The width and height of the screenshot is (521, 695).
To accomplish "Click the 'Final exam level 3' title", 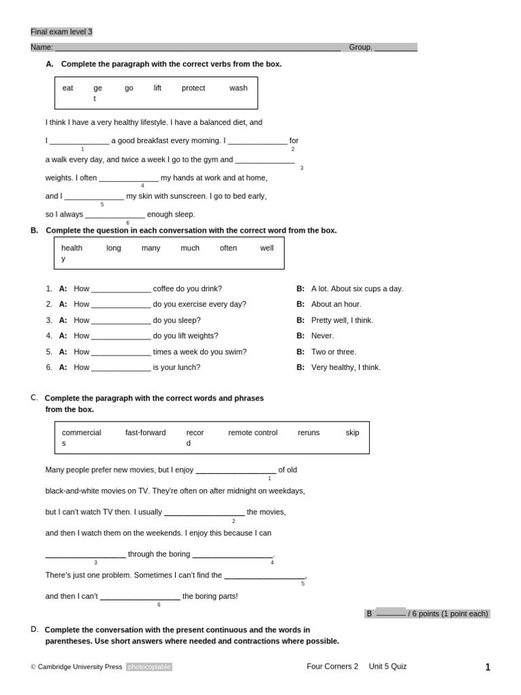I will [x=62, y=32].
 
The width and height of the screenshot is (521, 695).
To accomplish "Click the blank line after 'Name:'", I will [x=197, y=48].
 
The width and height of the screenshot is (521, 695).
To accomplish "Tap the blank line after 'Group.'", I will [x=395, y=48].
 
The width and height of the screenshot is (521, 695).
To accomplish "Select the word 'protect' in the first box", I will [x=193, y=88].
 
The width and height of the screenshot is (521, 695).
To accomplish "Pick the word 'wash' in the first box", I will [x=238, y=88].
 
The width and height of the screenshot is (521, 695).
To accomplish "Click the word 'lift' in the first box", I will [x=157, y=88].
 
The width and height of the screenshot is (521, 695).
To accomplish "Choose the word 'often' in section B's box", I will [x=229, y=248].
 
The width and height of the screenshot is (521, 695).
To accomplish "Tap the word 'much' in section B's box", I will [x=190, y=248].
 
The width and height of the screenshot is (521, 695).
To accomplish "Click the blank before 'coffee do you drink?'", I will [x=121, y=289].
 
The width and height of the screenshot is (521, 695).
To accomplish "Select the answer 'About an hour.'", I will [x=336, y=304].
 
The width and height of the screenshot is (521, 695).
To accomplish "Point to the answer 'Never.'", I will [x=322, y=336].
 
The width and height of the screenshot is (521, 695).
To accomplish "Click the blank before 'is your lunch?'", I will [x=121, y=368].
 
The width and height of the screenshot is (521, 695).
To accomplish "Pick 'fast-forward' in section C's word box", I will [x=145, y=433].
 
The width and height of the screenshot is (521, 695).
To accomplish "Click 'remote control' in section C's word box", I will [x=252, y=433].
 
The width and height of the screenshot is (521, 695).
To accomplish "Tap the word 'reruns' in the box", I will [x=309, y=433].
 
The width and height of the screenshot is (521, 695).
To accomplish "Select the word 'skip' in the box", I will [x=352, y=433].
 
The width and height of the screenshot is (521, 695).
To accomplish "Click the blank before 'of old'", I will [x=235, y=470].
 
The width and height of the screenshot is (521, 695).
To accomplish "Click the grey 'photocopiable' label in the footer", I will [x=149, y=667].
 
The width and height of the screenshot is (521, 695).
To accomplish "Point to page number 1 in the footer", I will [x=487, y=667].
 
